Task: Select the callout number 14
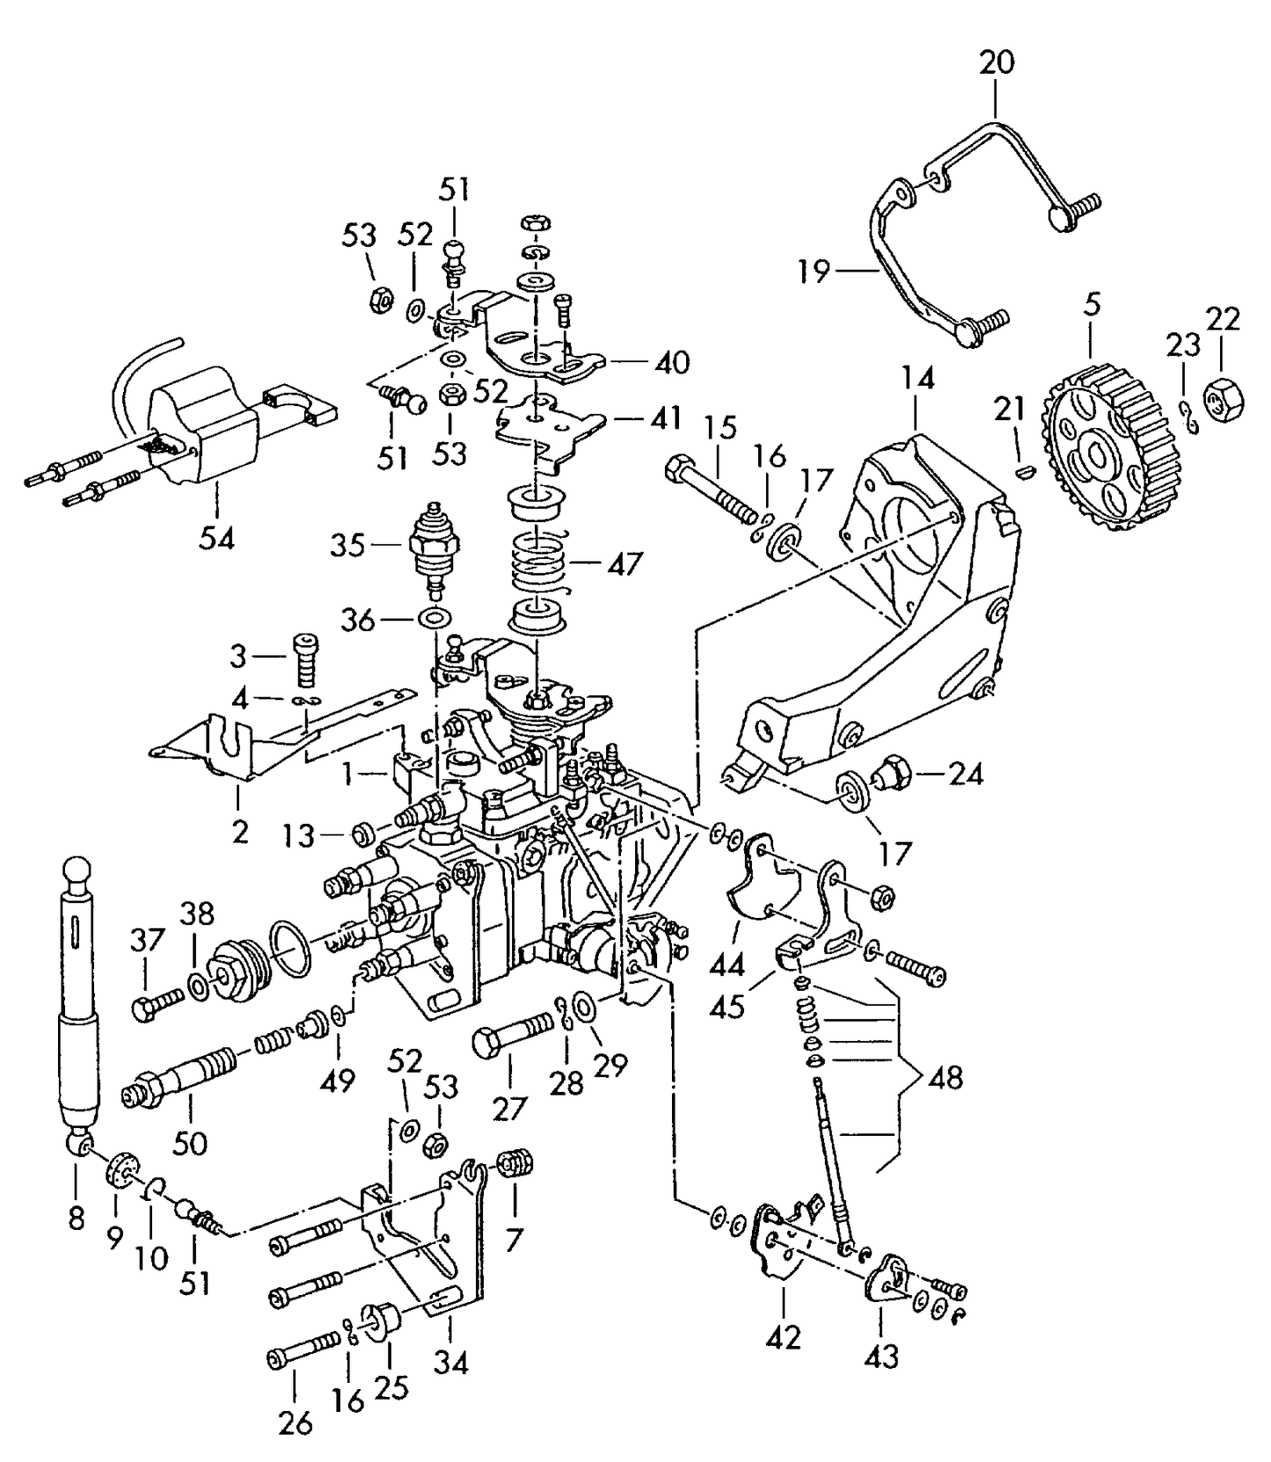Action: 917,379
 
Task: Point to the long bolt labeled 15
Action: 715,491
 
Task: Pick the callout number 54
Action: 216,538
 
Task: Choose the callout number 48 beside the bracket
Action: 946,1077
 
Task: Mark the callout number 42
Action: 783,1337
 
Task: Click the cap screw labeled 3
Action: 304,658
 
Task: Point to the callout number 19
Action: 814,271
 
